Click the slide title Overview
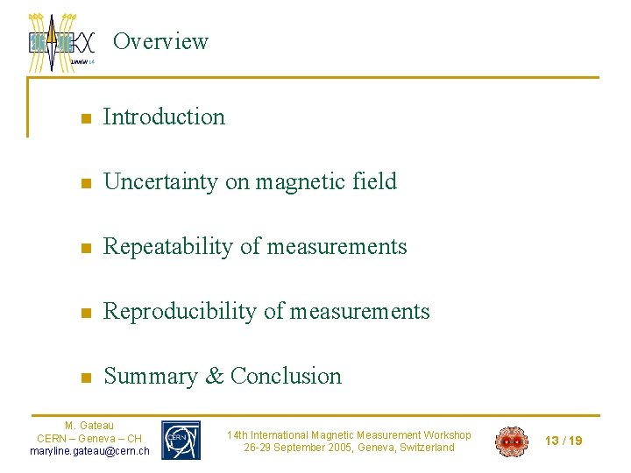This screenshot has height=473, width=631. [x=161, y=41]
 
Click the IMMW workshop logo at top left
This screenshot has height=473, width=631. [x=61, y=41]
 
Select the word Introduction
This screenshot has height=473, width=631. [x=164, y=116]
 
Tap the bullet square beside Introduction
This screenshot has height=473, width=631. [x=85, y=118]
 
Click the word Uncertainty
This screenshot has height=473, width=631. [x=161, y=181]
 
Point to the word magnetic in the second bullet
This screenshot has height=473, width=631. [x=300, y=181]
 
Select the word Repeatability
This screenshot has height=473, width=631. [x=168, y=247]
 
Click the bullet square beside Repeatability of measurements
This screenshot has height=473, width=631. [x=85, y=249]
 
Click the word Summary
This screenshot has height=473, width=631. [x=151, y=377]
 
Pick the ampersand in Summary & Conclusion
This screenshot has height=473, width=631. [x=214, y=377]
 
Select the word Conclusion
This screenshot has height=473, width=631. [x=286, y=377]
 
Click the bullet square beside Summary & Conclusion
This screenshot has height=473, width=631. [x=85, y=378]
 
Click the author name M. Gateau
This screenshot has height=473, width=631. [x=89, y=426]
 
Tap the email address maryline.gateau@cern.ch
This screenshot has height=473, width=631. [x=89, y=451]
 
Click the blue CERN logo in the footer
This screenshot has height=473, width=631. [x=181, y=440]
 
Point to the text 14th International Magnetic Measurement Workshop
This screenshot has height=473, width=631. [x=349, y=434]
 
